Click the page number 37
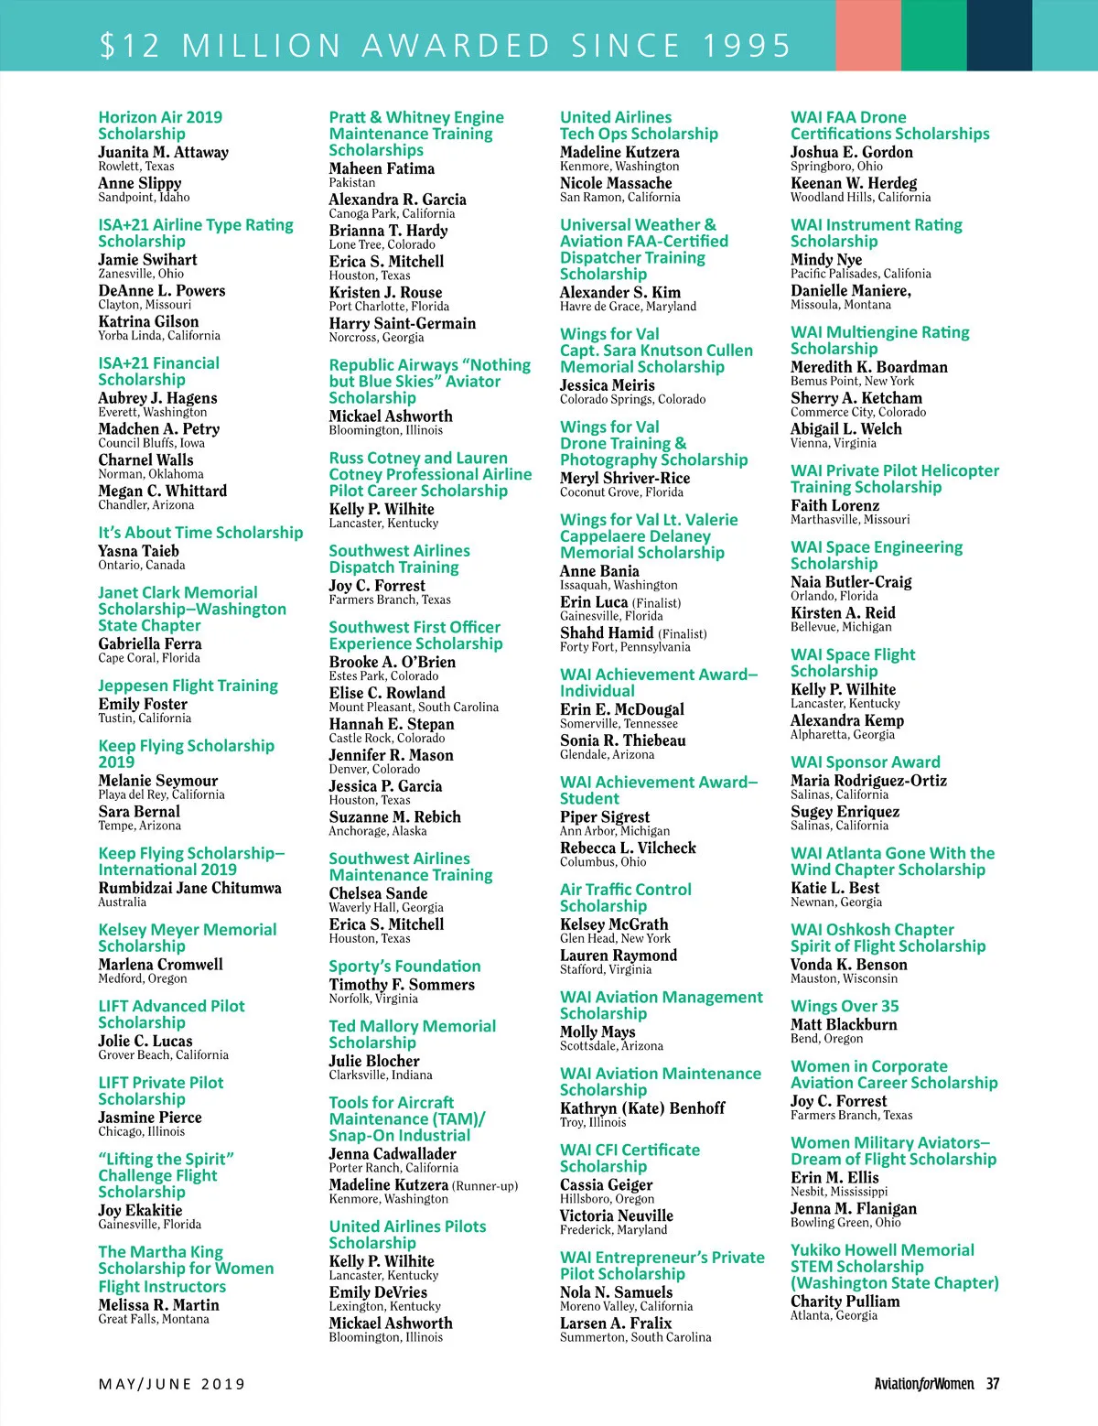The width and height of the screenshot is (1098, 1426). (x=992, y=1384)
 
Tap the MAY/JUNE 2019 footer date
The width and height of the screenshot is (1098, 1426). (x=172, y=1384)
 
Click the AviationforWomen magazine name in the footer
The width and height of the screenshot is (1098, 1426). (x=923, y=1384)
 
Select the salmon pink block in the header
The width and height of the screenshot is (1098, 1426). (x=867, y=35)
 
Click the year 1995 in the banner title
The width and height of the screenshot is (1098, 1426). (x=747, y=45)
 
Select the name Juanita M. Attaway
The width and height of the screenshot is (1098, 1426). (x=163, y=152)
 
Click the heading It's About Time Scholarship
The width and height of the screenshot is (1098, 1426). (x=200, y=533)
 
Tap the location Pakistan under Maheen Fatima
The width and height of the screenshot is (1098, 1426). (x=352, y=183)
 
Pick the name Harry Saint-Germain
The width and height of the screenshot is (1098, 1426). (x=403, y=323)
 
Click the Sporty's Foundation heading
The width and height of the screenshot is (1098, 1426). (x=404, y=967)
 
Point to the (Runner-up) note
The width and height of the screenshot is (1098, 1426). (x=485, y=1186)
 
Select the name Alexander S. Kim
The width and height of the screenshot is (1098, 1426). (x=620, y=292)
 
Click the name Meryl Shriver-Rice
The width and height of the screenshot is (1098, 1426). (x=625, y=478)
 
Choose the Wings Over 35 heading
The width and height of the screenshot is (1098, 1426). (x=845, y=1006)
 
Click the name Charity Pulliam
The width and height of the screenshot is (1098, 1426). (x=845, y=1302)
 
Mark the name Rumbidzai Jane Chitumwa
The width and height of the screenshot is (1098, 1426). (x=190, y=888)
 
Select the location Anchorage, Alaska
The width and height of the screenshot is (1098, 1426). (x=378, y=831)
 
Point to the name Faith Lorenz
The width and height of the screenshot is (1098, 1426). (x=834, y=505)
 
